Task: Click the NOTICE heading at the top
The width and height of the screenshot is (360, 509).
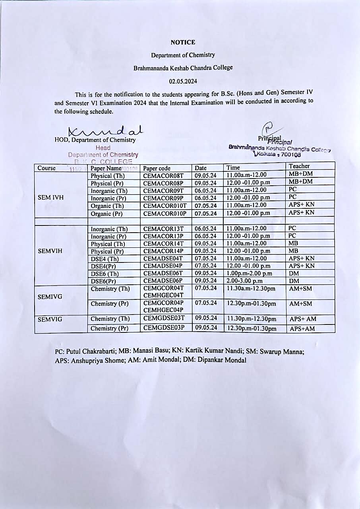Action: point(183,42)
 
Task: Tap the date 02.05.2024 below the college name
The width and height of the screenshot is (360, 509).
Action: point(183,81)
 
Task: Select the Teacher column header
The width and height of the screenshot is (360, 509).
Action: point(299,166)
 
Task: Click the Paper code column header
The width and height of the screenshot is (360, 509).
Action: point(157,168)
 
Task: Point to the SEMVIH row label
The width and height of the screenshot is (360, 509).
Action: point(50,251)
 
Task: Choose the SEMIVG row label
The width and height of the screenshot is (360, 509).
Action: point(50,297)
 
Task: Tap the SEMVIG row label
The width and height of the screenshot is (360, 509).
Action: point(50,319)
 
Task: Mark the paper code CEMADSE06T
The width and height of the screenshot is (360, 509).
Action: point(163,273)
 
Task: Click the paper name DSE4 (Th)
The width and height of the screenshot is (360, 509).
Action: point(105,258)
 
